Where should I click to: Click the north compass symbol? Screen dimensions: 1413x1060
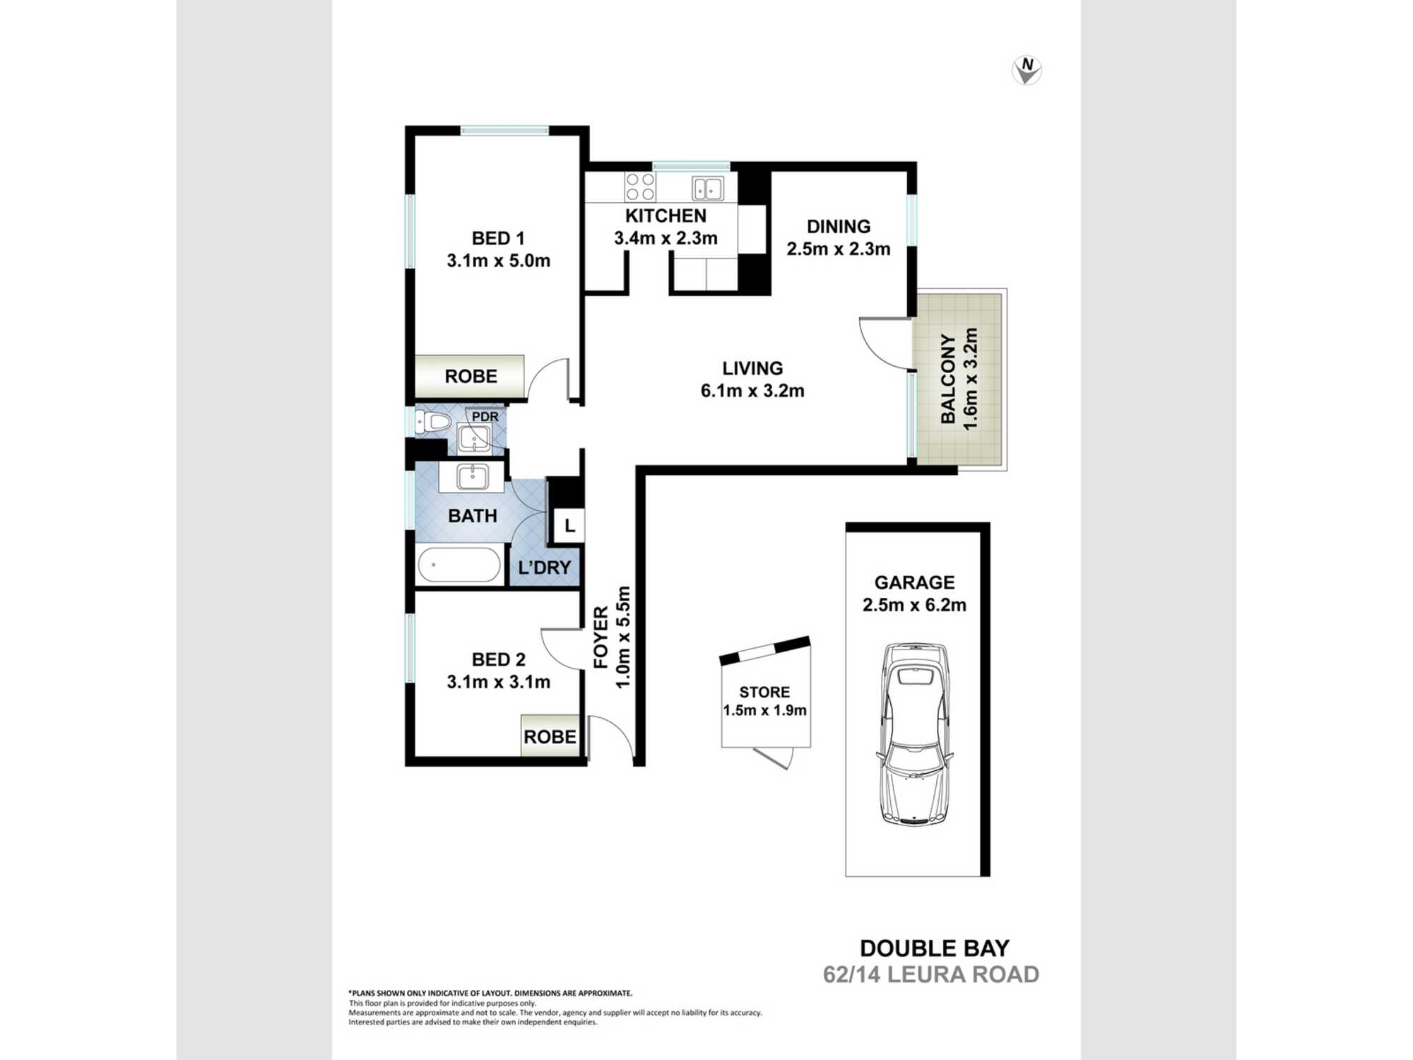tap(1027, 71)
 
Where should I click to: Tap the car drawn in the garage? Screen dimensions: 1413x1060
tap(914, 734)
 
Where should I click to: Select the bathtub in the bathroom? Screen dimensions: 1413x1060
tap(459, 565)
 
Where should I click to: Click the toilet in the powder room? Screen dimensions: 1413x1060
tap(432, 422)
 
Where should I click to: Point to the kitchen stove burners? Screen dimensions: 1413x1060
tap(640, 187)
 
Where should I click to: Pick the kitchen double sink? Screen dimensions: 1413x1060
tap(708, 189)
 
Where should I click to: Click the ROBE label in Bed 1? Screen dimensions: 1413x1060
tap(471, 377)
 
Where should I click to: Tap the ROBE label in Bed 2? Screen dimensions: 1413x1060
tap(550, 737)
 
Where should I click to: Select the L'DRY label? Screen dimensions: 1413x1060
tap(544, 567)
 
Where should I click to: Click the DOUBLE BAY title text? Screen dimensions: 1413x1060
tap(935, 948)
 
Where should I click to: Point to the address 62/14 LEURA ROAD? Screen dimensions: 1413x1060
tap(931, 974)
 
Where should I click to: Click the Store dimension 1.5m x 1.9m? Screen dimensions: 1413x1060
tap(764, 710)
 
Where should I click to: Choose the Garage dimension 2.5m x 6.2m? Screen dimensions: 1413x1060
tap(914, 605)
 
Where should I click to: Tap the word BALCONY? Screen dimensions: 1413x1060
tap(948, 379)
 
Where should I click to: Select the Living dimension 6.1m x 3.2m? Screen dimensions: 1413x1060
tap(752, 391)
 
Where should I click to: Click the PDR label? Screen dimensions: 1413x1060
tap(485, 417)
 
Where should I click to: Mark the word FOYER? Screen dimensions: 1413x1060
tap(601, 637)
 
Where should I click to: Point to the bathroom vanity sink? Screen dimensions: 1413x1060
tap(471, 476)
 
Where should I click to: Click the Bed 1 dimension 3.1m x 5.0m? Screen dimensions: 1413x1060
tap(498, 261)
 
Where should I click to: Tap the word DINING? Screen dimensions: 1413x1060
tap(839, 227)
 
